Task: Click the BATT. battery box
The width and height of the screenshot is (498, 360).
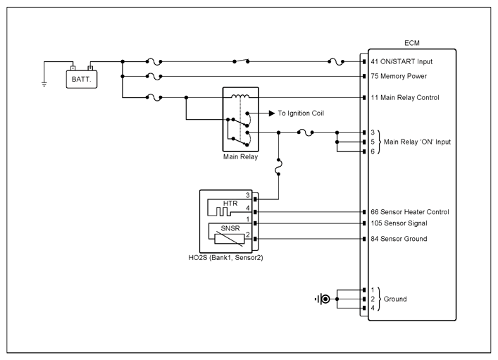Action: pyautogui.click(x=82, y=79)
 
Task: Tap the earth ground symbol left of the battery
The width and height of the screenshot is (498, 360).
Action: pyautogui.click(x=44, y=85)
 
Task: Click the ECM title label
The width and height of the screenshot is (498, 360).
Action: pyautogui.click(x=412, y=43)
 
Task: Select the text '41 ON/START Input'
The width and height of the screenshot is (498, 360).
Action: pyautogui.click(x=401, y=61)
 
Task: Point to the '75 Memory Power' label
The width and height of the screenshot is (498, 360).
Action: pyautogui.click(x=399, y=76)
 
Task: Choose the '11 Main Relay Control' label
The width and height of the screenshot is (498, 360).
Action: pyautogui.click(x=405, y=97)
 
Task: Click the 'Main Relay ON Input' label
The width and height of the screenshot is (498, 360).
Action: pyautogui.click(x=417, y=142)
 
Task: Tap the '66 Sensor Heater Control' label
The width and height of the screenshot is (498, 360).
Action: pyautogui.click(x=410, y=212)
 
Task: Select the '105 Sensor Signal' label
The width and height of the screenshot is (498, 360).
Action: pyautogui.click(x=399, y=223)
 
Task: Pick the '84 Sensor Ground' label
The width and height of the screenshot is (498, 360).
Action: pyautogui.click(x=399, y=239)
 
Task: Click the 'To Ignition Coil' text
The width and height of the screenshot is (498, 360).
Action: pyautogui.click(x=301, y=113)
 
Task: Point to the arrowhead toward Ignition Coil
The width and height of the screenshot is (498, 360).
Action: pyautogui.click(x=272, y=113)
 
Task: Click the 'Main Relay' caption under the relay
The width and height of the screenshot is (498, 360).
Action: pyautogui.click(x=240, y=156)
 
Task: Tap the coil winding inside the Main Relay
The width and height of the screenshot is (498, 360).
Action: pyautogui.click(x=240, y=96)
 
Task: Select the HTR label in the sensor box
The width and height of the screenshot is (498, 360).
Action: pyautogui.click(x=230, y=204)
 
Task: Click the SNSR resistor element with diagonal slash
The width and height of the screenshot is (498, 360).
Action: pyautogui.click(x=230, y=239)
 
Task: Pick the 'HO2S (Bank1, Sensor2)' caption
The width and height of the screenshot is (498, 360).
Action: pyautogui.click(x=226, y=258)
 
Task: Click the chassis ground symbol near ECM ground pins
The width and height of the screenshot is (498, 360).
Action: pyautogui.click(x=323, y=299)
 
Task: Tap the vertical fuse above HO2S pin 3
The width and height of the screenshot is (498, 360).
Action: pyautogui.click(x=278, y=167)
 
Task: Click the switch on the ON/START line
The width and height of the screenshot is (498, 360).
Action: pyautogui.click(x=241, y=61)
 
